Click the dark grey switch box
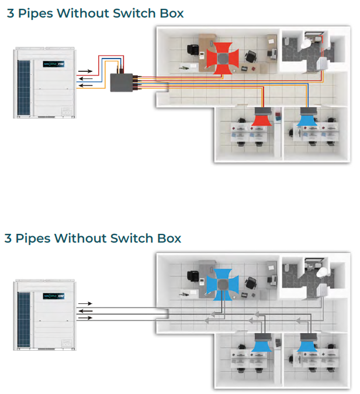(122, 82)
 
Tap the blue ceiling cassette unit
(223, 282)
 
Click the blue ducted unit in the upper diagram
(307, 119)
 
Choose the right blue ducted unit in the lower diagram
(307, 345)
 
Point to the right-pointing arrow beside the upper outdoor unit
(85, 71)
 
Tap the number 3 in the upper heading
(11, 13)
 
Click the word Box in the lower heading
(169, 238)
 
